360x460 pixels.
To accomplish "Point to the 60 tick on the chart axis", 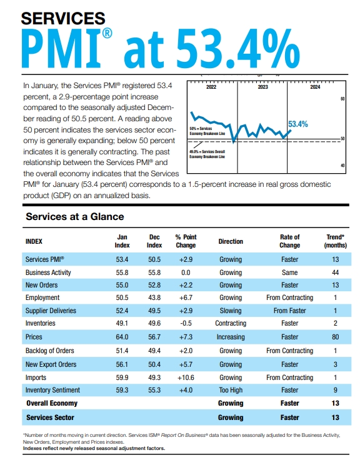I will [x=342, y=99].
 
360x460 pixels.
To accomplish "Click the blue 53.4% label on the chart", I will [x=297, y=124].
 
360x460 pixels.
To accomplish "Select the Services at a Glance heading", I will [x=74, y=216].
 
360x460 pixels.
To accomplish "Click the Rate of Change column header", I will [x=289, y=241].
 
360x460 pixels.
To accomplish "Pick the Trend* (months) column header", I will [x=335, y=241].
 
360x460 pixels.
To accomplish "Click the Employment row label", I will [x=42, y=297].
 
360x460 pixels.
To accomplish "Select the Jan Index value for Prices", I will [x=123, y=337].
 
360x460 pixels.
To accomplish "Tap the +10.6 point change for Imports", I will [x=186, y=377].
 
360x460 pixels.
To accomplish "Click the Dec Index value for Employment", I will [x=154, y=297].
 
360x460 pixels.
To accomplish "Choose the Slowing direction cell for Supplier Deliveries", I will [x=231, y=311].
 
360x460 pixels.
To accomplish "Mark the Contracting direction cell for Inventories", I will [x=231, y=323].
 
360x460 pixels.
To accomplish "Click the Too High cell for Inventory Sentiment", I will [x=231, y=391].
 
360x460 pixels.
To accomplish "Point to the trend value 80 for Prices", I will [x=335, y=337].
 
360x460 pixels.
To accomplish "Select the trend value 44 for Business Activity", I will [x=335, y=272].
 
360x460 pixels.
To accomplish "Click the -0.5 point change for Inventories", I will [x=186, y=323].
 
